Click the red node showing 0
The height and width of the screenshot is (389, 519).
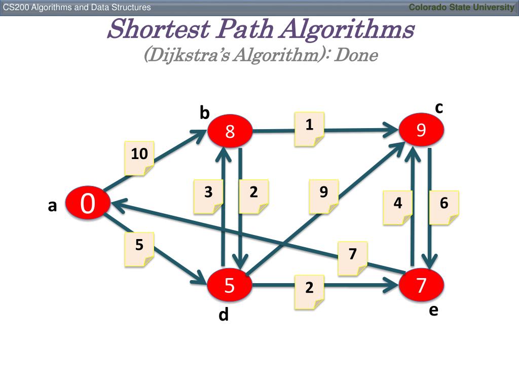tap(87, 204)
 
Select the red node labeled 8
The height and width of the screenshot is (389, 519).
tap(230, 132)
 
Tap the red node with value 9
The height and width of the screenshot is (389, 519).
tap(421, 131)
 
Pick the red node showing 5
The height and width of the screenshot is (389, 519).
tap(230, 286)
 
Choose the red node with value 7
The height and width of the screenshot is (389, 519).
tap(421, 286)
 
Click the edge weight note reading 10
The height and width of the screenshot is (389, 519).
tap(139, 158)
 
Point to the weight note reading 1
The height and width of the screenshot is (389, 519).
tap(309, 129)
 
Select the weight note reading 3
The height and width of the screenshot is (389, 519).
tap(208, 197)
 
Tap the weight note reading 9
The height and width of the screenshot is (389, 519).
tap(324, 197)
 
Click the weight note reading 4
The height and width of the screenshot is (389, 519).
tap(398, 207)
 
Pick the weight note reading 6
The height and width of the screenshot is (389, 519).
tap(444, 207)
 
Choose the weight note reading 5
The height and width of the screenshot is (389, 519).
tap(139, 250)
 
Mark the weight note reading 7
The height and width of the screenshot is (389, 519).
tap(353, 258)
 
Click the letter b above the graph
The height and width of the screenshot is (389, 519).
tap(204, 113)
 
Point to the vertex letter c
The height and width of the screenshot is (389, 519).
tap(439, 108)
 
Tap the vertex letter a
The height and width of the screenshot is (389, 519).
tap(52, 206)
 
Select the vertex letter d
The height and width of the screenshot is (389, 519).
tap(224, 315)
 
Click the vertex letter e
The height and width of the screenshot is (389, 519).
tap(433, 310)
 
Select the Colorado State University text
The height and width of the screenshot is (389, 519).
tap(461, 7)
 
